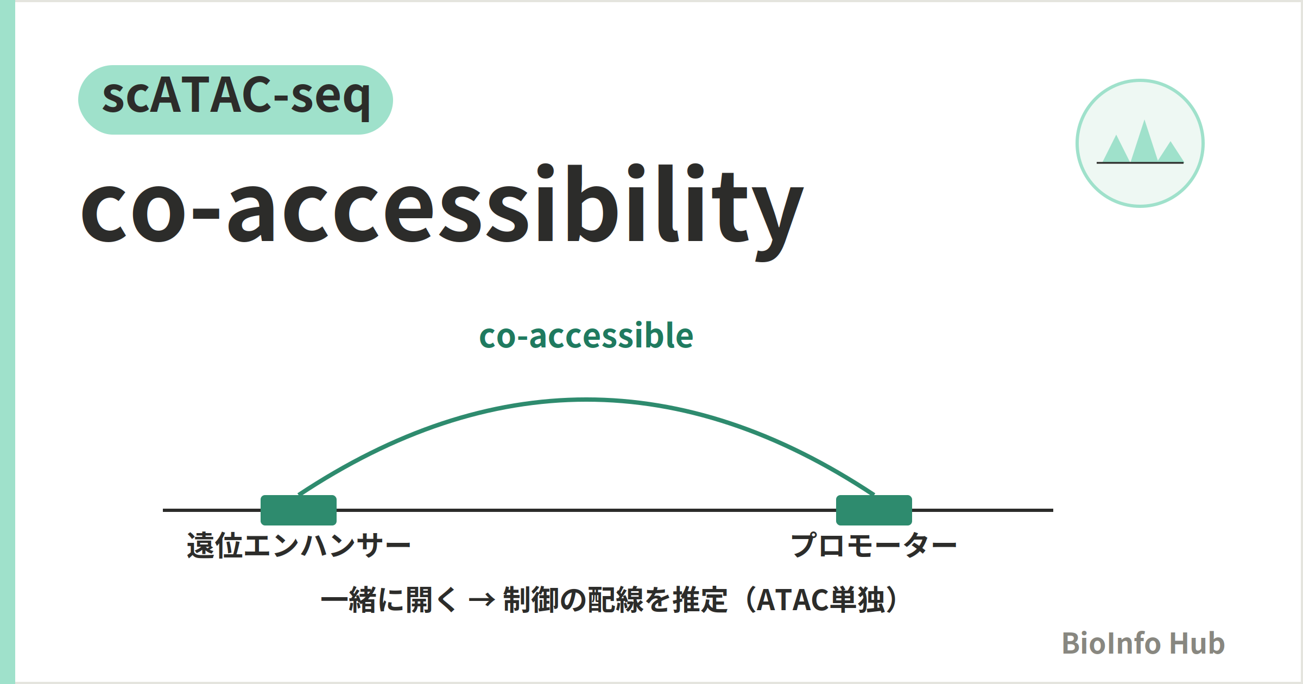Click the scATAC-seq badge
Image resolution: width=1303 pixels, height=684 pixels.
point(236,100)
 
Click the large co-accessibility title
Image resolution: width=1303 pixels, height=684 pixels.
point(442,212)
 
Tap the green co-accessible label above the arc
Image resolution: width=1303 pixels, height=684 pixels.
point(586,335)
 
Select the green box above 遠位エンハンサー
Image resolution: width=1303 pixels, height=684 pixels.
point(299,510)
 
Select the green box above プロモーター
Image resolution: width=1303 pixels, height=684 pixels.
point(874,510)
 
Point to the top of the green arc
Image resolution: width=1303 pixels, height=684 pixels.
point(586,400)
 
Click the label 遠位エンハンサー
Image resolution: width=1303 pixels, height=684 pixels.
point(299,545)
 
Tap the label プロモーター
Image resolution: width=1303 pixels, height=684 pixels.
point(874,545)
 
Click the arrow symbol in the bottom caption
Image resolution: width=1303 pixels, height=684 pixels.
point(482,600)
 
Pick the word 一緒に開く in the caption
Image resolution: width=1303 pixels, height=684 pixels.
point(389,600)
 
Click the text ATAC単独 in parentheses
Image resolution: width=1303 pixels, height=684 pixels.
point(820,600)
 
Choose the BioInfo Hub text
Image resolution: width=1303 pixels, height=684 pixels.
point(1143,643)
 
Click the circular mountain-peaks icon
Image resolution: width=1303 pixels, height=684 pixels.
point(1140,143)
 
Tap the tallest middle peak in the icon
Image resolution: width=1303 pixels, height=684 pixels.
point(1144,141)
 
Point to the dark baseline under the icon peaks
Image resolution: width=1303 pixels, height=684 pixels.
point(1140,162)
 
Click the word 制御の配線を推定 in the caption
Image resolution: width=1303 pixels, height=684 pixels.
point(615,600)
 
